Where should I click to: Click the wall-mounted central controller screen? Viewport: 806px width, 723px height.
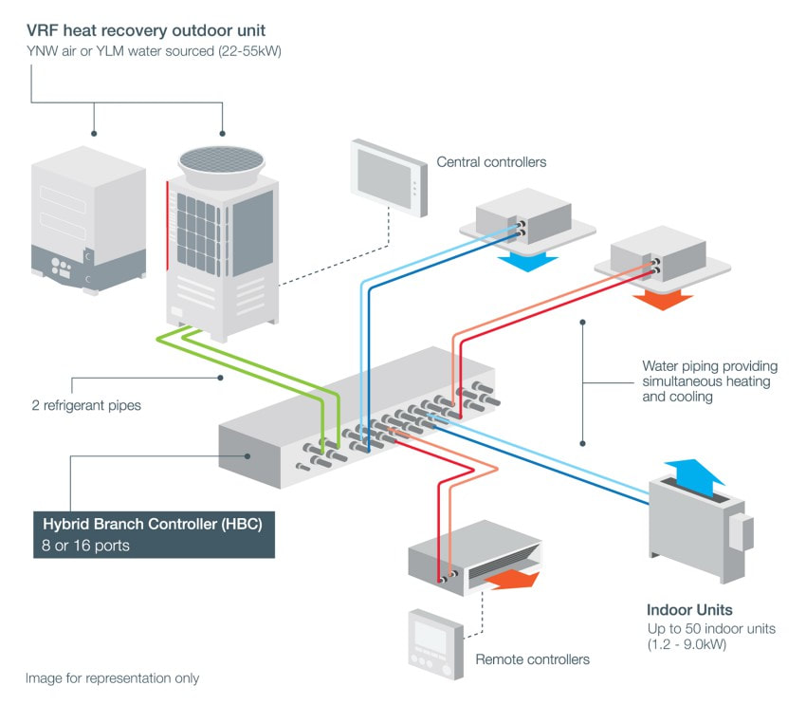coord(386,176)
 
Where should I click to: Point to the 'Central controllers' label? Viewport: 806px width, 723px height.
coord(491,162)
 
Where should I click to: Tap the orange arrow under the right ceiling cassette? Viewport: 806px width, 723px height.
coord(662,298)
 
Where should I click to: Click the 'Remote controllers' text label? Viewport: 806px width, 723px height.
coord(532,659)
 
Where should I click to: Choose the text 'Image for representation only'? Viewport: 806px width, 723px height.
coord(112,678)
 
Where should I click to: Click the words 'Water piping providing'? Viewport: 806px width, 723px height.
coord(709,365)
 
